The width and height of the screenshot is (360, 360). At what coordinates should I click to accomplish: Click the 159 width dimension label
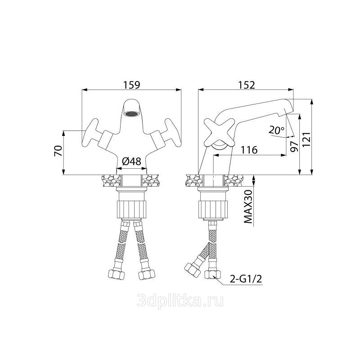coord(131,85)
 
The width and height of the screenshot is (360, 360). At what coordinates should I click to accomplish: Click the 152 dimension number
coord(247,85)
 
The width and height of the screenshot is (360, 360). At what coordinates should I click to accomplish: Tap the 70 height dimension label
coord(58,151)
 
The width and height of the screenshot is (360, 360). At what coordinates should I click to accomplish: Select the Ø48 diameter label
coord(131,162)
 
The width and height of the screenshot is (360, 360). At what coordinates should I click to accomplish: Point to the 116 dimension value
coord(249,150)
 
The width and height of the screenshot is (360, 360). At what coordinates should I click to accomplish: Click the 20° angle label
coord(276,130)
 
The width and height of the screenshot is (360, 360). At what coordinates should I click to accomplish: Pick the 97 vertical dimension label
coord(294,147)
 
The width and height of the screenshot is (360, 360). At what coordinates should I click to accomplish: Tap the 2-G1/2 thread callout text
coord(246,279)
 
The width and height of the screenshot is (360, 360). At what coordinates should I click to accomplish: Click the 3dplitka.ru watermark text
coord(180,301)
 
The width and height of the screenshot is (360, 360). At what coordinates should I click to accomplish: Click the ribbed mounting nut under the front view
coord(131,209)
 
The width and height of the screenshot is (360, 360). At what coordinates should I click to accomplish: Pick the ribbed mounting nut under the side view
coord(213,209)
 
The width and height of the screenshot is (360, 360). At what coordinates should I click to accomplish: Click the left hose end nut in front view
coord(116,274)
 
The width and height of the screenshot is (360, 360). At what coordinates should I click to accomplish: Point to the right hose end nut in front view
coord(147,274)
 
